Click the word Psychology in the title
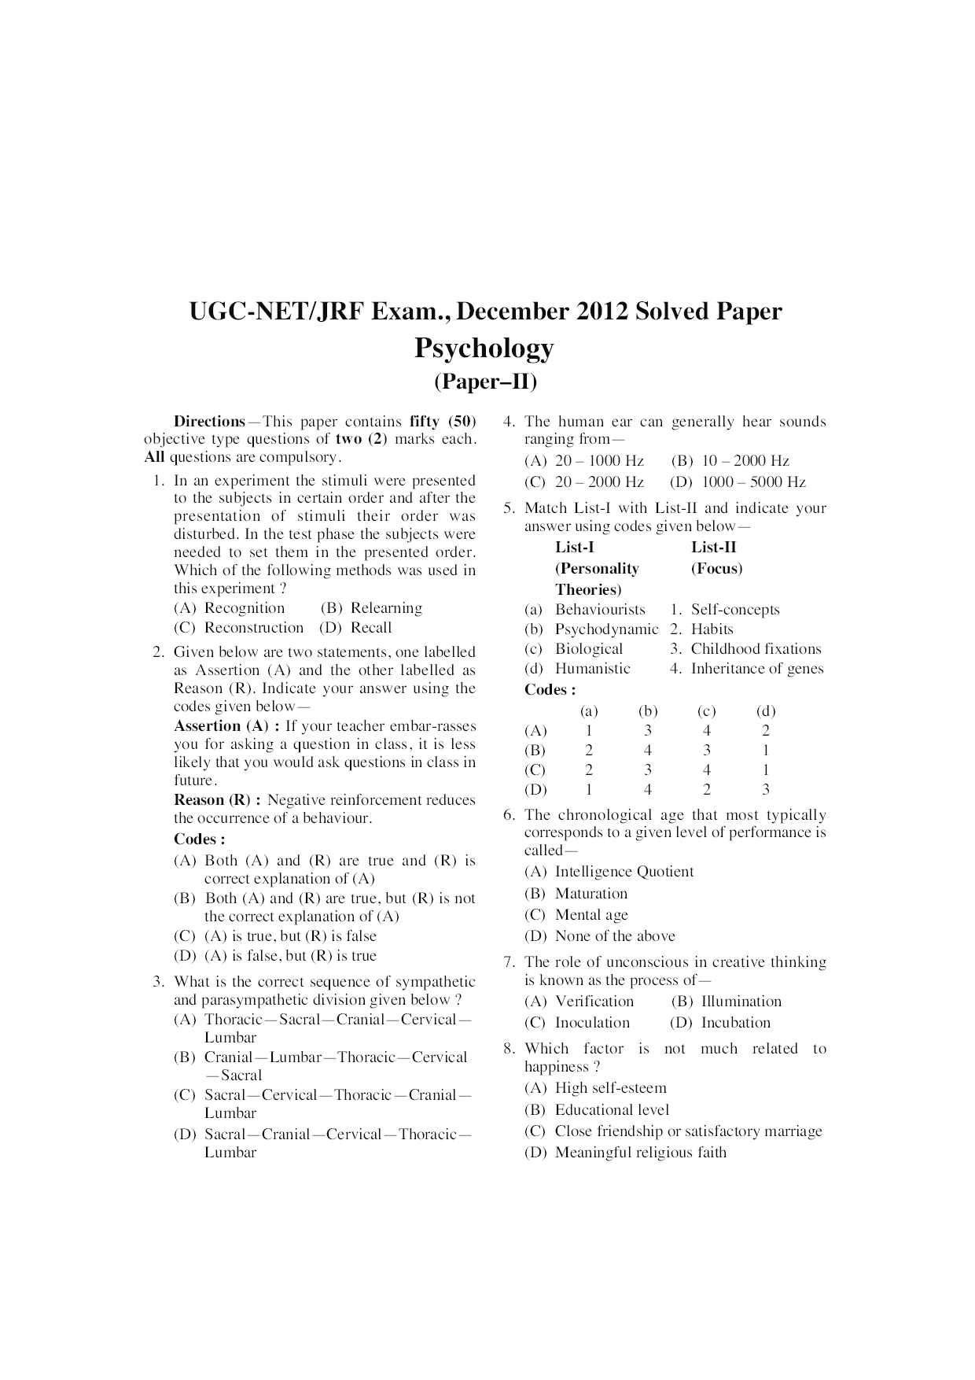click(x=484, y=348)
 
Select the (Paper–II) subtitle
click(x=485, y=382)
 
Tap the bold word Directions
click(x=209, y=421)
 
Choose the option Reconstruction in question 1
click(x=253, y=628)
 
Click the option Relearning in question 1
click(x=386, y=608)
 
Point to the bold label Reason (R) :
click(x=217, y=800)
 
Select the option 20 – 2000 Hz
click(x=599, y=482)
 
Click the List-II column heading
click(x=714, y=548)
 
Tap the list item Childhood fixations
click(x=756, y=649)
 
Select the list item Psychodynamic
click(x=606, y=629)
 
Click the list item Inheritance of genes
click(x=757, y=669)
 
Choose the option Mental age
click(x=591, y=915)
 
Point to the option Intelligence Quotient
click(x=624, y=872)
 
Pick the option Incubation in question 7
click(x=735, y=1023)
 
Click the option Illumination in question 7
click(x=741, y=1002)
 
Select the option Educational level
click(x=612, y=1110)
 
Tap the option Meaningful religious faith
click(x=640, y=1153)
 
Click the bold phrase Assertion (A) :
click(x=226, y=726)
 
